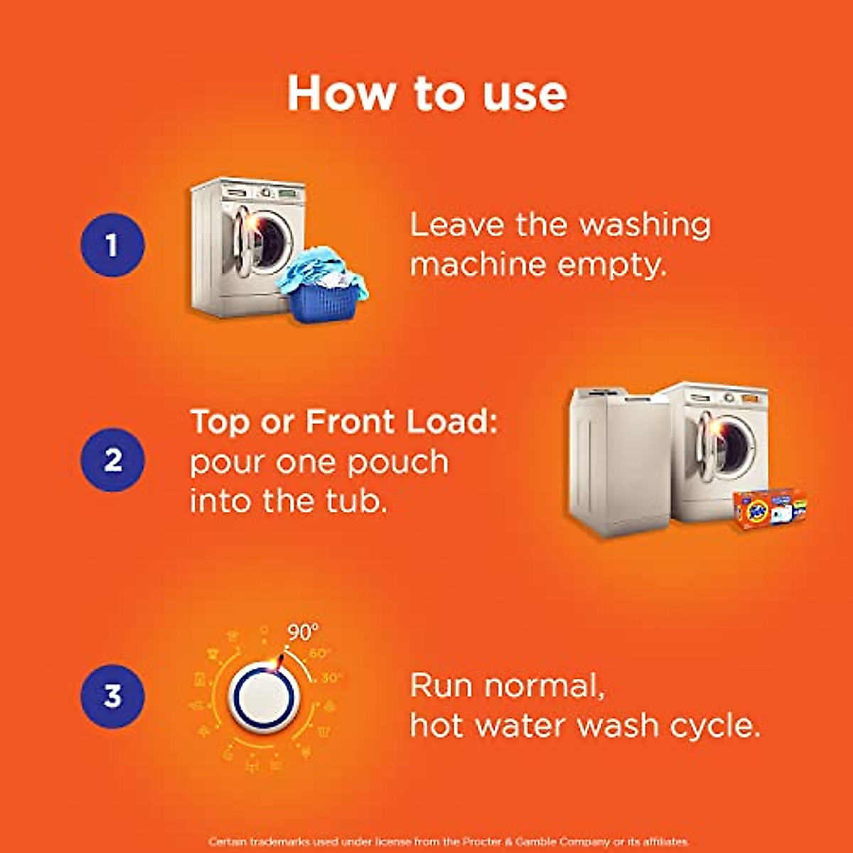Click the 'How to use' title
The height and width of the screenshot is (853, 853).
click(x=426, y=93)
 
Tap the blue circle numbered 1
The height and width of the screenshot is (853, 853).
click(x=112, y=245)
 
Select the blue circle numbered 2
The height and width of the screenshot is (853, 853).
click(x=112, y=460)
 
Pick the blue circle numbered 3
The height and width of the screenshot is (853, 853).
click(x=112, y=696)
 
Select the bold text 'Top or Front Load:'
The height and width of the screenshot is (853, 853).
click(x=343, y=422)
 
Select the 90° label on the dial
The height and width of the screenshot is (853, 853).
click(x=303, y=631)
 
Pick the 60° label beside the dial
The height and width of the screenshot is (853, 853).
click(x=320, y=653)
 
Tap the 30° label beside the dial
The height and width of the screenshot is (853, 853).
click(x=331, y=678)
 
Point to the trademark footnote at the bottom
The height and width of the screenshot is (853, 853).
click(x=449, y=842)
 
